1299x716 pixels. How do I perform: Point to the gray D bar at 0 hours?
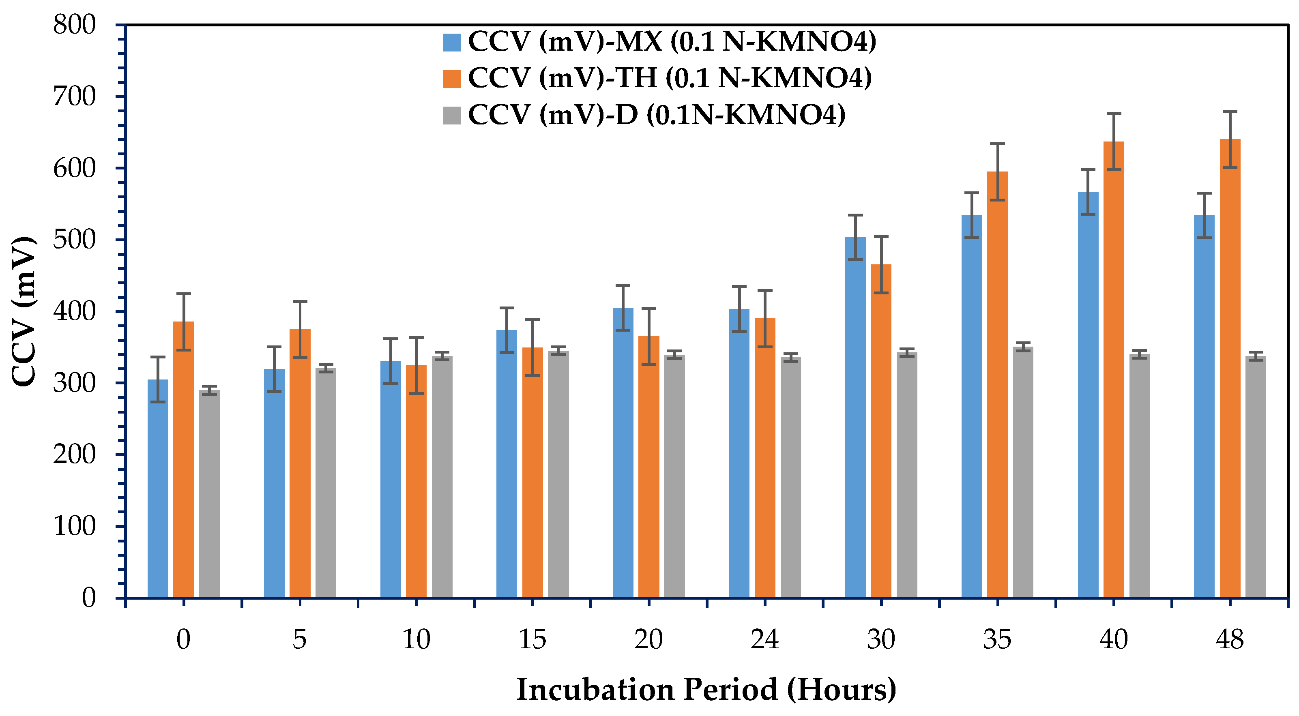pos(209,494)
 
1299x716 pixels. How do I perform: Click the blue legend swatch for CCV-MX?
pos(451,42)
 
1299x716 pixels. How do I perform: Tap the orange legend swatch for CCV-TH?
pos(451,79)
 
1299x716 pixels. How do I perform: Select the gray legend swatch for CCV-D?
pos(451,116)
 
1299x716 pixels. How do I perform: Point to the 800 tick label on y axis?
pos(74,25)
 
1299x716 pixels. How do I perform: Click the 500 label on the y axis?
pos(74,240)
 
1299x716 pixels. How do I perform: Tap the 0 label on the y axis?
pos(89,598)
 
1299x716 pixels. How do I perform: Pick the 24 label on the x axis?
pos(764,639)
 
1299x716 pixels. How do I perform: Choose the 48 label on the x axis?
pos(1229,639)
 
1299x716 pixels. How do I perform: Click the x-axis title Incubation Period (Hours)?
pos(706,689)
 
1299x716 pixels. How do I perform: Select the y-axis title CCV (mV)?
pos(24,311)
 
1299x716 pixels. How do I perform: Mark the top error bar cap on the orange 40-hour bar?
pos(1114,114)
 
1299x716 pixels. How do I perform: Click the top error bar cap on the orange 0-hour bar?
pos(184,294)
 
